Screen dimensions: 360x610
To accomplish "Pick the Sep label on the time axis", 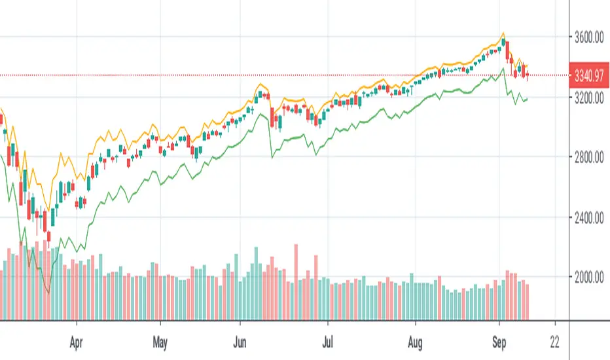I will coord(499,341).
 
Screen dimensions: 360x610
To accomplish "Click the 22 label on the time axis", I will coord(556,341).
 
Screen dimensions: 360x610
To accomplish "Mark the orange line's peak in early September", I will coord(503,33).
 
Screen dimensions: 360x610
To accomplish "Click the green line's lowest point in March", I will coord(49,293).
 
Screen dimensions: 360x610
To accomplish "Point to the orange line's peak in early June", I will coord(262,84).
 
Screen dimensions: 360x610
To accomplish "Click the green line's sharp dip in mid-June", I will coord(272,157).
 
